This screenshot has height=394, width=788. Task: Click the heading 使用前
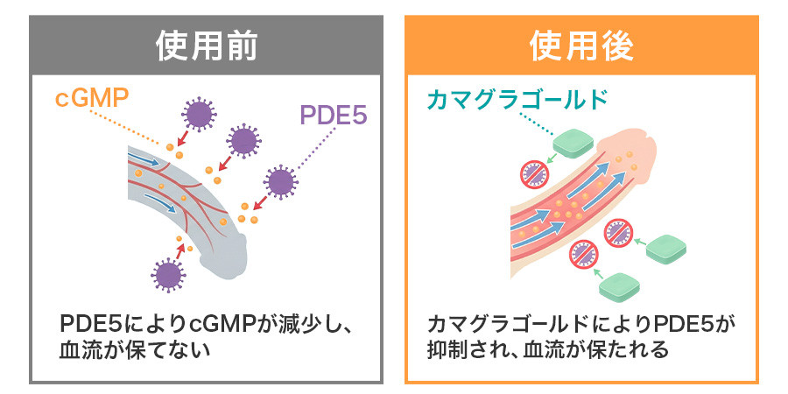click(207, 46)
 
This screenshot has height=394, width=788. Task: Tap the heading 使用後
click(581, 46)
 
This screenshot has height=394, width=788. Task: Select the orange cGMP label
click(91, 98)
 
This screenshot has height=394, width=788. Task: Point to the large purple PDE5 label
click(334, 115)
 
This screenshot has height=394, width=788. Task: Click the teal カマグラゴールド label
click(517, 99)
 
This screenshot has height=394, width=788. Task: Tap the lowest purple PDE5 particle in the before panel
click(168, 274)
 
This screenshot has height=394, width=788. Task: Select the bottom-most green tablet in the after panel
click(619, 286)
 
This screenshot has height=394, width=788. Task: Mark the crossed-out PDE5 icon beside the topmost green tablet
click(533, 174)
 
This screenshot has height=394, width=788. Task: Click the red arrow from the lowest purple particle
click(180, 250)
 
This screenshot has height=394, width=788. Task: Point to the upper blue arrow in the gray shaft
click(148, 160)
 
